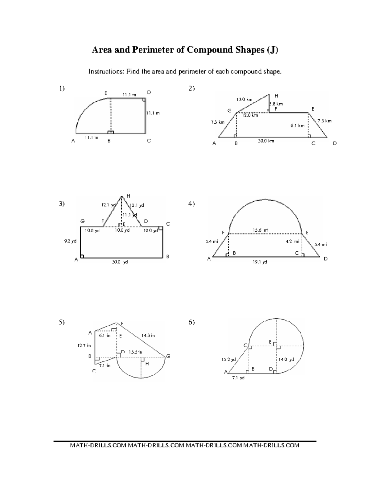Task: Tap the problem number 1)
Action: coord(62,89)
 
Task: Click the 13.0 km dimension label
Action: coord(244,99)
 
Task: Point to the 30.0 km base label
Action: coord(266,141)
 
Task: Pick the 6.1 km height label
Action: coord(297,126)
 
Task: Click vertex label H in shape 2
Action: coord(276,96)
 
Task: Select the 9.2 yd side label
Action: coord(70,241)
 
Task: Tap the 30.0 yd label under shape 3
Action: coord(120,262)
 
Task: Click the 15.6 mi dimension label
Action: coord(261,230)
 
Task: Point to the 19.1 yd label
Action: coord(261,262)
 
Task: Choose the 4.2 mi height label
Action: coord(292,241)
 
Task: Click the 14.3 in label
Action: coord(148,335)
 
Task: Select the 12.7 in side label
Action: coord(84,345)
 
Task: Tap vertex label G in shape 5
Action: coord(168,356)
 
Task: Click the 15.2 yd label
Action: coord(228,359)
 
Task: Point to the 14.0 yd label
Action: coord(286,359)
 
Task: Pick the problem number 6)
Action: coord(191,322)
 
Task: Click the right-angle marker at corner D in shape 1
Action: coord(144,100)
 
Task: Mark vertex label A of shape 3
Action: coord(76,260)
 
